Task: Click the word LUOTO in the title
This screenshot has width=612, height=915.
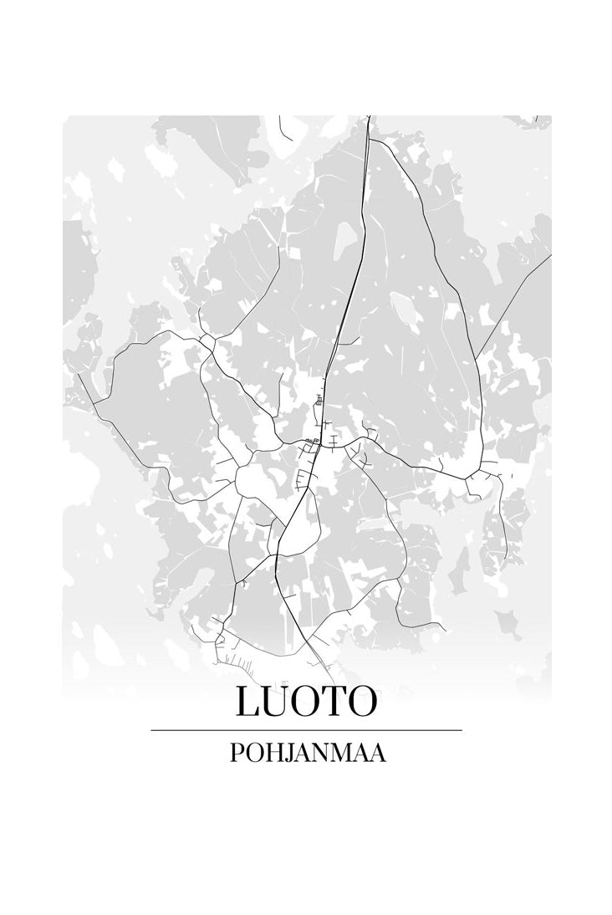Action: (306, 702)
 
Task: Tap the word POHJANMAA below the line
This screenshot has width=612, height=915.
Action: (307, 753)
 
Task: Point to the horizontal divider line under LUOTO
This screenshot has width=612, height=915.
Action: (306, 730)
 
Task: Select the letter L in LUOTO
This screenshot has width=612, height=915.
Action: (248, 702)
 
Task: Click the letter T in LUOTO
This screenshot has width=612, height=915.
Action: (332, 702)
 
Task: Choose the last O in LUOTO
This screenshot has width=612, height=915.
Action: (359, 702)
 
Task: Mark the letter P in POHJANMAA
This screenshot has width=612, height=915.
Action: (234, 753)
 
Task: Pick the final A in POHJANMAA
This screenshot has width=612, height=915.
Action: (378, 753)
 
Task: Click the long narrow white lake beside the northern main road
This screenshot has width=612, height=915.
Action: (343, 243)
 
